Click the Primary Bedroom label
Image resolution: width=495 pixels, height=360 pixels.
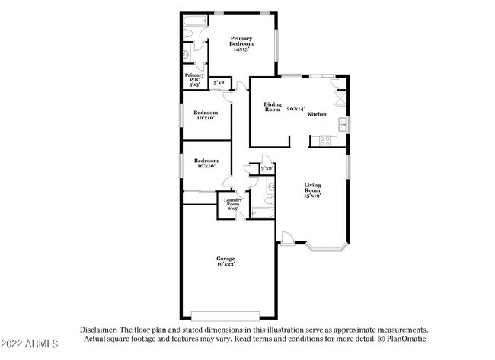[x=241, y=43]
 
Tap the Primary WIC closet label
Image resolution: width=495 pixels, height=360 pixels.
[x=194, y=80]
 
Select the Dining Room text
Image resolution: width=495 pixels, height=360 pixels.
[x=273, y=107]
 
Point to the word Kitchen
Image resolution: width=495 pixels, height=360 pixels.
[x=318, y=114]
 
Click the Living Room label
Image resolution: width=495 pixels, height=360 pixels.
[x=313, y=190]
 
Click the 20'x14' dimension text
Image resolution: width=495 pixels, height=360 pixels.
[x=295, y=109]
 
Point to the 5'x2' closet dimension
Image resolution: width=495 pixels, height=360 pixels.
[x=219, y=82]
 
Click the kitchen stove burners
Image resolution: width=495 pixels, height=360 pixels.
[x=325, y=139]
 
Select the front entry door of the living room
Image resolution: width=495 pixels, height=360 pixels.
[x=287, y=239]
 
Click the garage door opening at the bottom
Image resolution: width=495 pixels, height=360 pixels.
[x=225, y=314]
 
